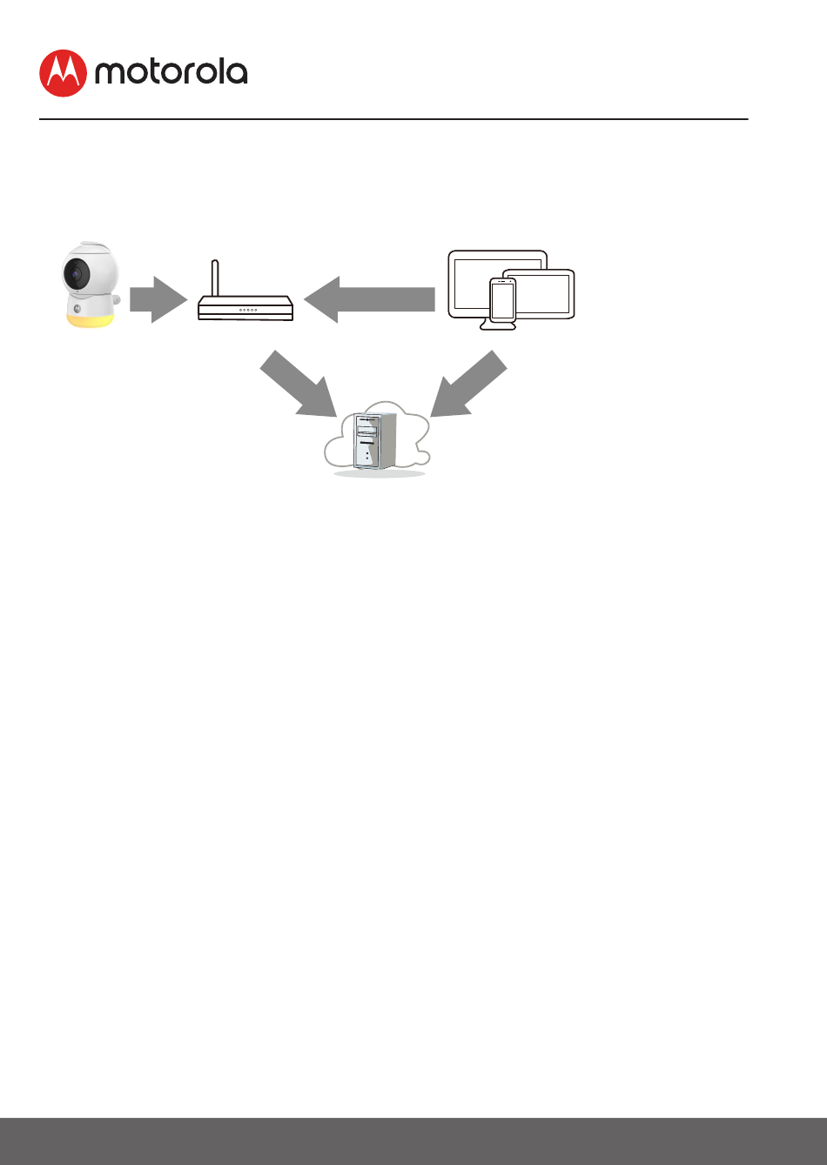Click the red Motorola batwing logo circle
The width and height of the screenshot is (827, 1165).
pos(63,73)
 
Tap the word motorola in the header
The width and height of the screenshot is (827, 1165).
pos(171,73)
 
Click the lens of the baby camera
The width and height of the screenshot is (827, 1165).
pos(76,275)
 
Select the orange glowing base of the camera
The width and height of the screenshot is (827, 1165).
pos(91,318)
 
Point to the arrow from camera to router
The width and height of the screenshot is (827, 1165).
pos(158,298)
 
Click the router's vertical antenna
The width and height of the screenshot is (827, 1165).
pos(215,277)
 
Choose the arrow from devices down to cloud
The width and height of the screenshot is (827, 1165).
pos(468,384)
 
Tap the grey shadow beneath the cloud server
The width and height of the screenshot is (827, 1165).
pos(380,474)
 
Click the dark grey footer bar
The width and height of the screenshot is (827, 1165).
pos(413,1141)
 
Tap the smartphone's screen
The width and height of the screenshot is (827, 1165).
pos(502,300)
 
